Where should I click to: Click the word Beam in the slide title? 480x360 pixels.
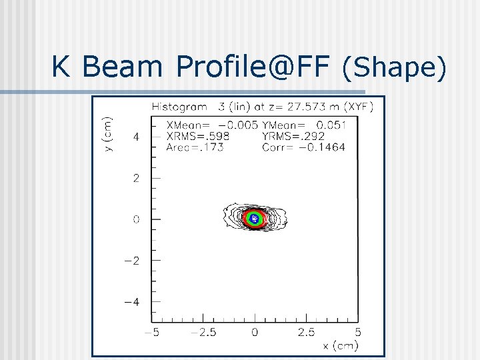[x=123, y=67]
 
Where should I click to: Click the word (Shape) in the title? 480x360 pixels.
[x=393, y=67]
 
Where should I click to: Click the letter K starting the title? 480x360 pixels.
[x=61, y=67]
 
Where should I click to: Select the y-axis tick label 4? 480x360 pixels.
[x=136, y=136]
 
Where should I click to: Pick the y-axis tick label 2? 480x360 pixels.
[x=136, y=178]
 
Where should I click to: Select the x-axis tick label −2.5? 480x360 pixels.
[x=203, y=331]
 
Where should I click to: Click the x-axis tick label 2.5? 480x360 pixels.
[x=307, y=331]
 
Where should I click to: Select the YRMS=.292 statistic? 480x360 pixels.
[x=294, y=135]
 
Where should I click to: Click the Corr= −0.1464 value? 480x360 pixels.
[x=304, y=147]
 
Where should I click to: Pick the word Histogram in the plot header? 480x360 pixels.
[x=180, y=106]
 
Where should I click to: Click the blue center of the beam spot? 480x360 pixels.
[x=253, y=217]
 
